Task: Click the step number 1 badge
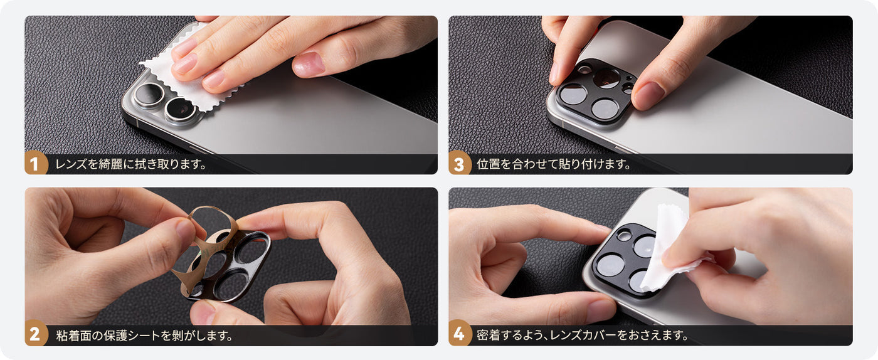pyautogui.click(x=35, y=163)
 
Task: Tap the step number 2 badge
pyautogui.click(x=35, y=334)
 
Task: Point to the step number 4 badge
pyautogui.click(x=459, y=334)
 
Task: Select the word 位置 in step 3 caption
pyautogui.click(x=489, y=164)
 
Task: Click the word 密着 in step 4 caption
pyautogui.click(x=489, y=336)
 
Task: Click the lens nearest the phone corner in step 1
pyautogui.click(x=149, y=95)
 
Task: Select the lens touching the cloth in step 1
pyautogui.click(x=181, y=109)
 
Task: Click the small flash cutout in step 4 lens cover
pyautogui.click(x=624, y=236)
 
